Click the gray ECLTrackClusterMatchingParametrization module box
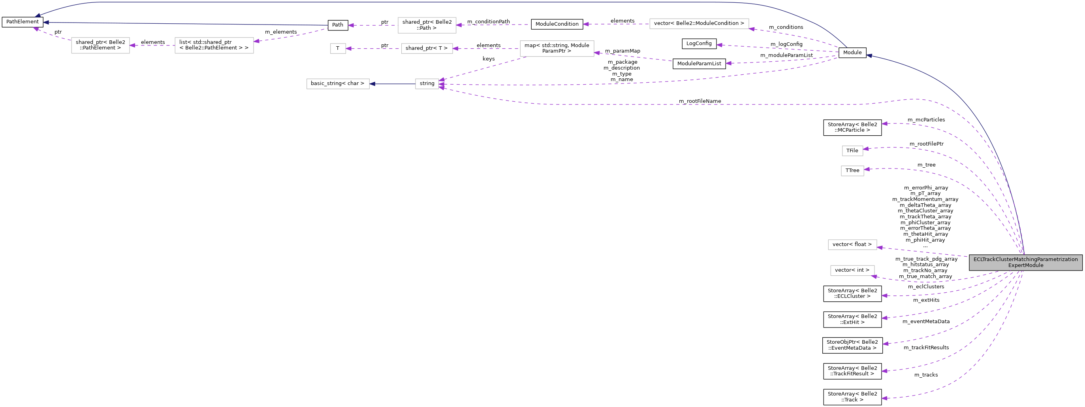coord(1025,262)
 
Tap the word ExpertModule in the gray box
coord(1025,265)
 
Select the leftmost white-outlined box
coord(100,45)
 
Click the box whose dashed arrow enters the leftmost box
coord(214,45)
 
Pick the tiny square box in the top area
coord(338,49)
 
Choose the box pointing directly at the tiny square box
coord(427,49)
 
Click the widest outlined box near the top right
coord(699,24)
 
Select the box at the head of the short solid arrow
coord(338,84)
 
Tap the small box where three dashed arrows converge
coord(427,84)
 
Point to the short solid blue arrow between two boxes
coord(392,84)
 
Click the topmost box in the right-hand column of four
coord(852,151)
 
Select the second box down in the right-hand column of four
coord(852,171)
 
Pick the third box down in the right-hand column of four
coord(852,244)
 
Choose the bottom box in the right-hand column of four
coord(852,271)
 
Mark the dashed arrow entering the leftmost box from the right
coord(152,45)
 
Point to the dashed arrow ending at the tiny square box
coord(373,49)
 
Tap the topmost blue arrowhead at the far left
coord(38,16)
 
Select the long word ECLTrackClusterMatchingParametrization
coord(1025,259)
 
